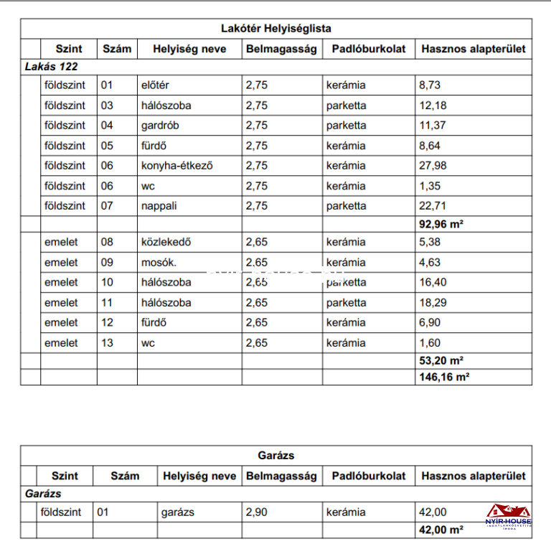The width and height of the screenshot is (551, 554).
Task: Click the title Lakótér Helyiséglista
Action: click(275, 29)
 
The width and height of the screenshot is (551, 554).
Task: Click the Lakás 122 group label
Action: click(51, 67)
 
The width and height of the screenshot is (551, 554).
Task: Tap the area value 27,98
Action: click(432, 165)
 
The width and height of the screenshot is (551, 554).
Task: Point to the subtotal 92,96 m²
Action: click(441, 223)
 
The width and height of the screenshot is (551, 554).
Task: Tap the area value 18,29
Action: click(432, 302)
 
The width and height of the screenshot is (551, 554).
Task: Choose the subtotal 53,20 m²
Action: click(441, 360)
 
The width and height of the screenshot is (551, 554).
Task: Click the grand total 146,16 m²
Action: click(444, 376)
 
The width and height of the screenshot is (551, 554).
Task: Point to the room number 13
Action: click(107, 342)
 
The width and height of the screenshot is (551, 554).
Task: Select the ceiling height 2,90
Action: click(257, 512)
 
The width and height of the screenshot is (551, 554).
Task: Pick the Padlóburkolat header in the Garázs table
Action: click(369, 476)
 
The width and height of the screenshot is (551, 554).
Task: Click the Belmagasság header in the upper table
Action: click(281, 49)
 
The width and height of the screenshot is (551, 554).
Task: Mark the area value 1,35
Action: click(429, 185)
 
